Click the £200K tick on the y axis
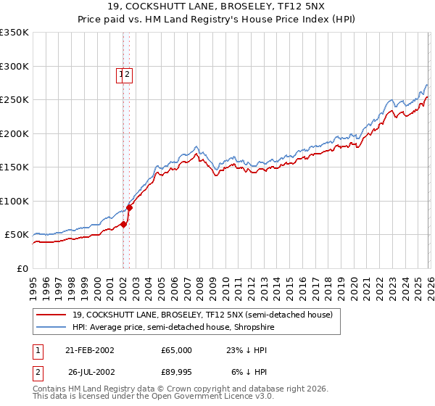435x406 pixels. coord(14,133)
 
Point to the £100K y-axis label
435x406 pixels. coord(14,201)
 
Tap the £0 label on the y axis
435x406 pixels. coord(22,268)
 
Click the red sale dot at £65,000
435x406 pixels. coord(123,225)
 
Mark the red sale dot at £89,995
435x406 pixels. coord(129,207)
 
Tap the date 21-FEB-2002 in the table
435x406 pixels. coord(89,350)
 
